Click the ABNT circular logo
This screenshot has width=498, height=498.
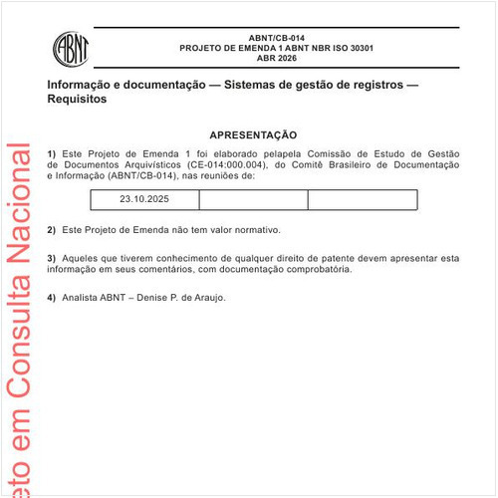71,46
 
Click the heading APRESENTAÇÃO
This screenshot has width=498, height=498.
253,134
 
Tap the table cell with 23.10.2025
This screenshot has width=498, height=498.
144,200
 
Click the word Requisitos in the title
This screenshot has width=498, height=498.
76,101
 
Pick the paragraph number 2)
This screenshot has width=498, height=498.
52,230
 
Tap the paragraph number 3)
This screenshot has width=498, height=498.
52,258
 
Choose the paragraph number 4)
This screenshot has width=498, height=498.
52,297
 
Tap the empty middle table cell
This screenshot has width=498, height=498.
253,200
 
